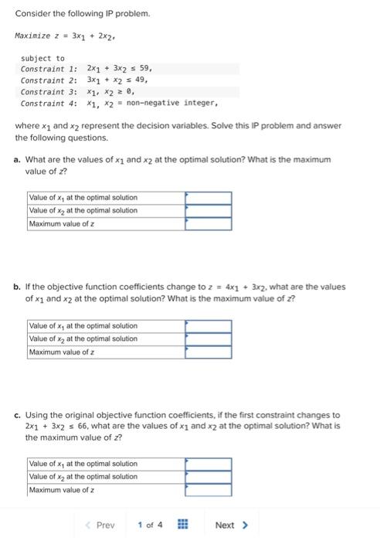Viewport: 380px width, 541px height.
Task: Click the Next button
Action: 231,526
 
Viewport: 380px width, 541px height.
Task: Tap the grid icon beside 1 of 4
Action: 183,526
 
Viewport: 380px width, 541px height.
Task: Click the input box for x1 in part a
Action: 208,198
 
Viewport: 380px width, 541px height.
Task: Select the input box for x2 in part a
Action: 208,211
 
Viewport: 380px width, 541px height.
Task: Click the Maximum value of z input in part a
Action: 208,224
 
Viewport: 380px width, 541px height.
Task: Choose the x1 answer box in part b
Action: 208,326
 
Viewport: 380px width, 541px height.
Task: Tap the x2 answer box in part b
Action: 208,339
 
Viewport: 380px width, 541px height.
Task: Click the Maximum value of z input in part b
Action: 208,352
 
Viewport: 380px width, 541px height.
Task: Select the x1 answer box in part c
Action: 208,464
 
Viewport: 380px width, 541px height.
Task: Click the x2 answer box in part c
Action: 208,477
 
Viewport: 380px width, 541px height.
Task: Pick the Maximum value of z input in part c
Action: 208,490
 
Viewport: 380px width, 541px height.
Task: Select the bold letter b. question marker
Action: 17,287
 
